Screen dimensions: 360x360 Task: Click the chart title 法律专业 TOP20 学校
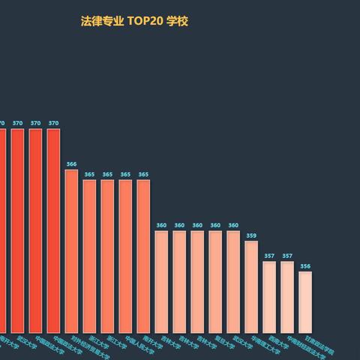click(134, 21)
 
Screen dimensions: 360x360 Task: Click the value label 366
click(71, 163)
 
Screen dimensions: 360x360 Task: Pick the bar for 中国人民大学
click(125, 255)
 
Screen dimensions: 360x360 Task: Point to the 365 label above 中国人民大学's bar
click(125, 174)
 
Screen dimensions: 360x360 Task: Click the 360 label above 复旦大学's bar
click(215, 225)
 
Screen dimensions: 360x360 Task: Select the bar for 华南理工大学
click(251, 286)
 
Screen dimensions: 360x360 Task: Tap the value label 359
click(251, 235)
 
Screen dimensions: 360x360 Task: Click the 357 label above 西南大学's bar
click(269, 256)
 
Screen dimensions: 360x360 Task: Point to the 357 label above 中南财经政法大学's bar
click(287, 256)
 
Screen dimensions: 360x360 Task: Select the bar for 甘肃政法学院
click(305, 301)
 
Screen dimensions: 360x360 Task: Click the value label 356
click(305, 266)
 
